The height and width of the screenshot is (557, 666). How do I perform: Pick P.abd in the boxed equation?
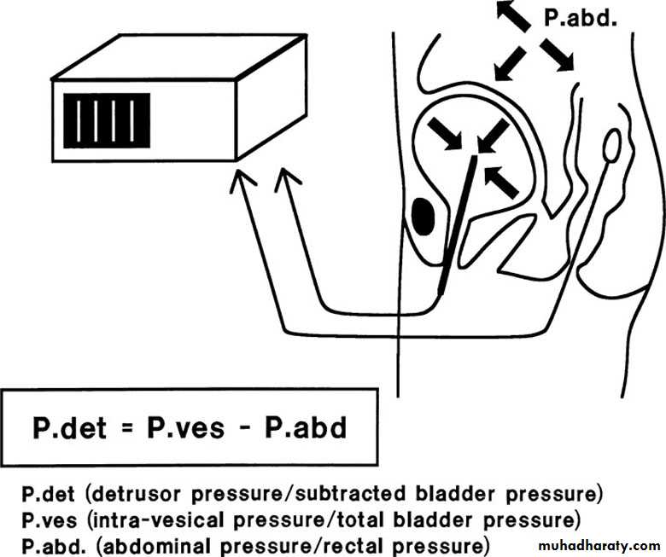[x=304, y=426]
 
